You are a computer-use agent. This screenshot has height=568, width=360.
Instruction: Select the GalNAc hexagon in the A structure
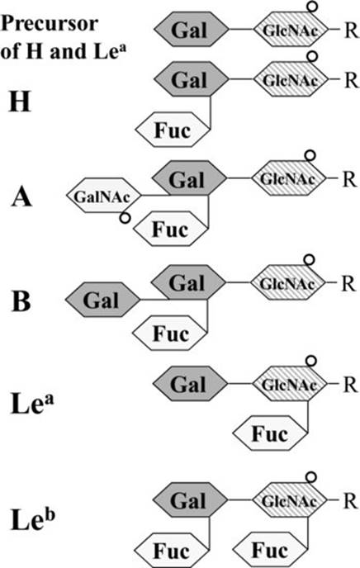pos(103,196)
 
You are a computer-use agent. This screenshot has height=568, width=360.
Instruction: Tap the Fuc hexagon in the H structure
pos(173,130)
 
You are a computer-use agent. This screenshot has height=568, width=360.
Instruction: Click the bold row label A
pos(21,198)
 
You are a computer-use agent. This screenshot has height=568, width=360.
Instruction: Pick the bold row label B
pos(21,301)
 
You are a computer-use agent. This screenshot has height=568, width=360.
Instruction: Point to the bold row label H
pos(19,102)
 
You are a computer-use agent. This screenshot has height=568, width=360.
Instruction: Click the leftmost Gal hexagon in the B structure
pos(102,300)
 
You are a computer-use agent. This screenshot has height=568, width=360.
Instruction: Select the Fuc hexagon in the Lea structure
pos(270,433)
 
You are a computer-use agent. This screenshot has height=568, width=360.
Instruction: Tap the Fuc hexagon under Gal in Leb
pos(173,551)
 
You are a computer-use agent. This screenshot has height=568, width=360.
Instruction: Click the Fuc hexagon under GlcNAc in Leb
pos(270,550)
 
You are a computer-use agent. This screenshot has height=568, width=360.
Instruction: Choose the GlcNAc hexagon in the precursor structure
pos(291,30)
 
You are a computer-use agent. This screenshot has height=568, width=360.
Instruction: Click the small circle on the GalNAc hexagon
pos(125,218)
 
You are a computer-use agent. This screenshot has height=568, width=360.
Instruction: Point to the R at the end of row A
pos(349,179)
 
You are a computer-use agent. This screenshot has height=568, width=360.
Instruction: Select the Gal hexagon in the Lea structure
pos(190,384)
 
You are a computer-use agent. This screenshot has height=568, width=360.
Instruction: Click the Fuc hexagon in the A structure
pos(171,229)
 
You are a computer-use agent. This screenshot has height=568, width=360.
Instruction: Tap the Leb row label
pos(32,519)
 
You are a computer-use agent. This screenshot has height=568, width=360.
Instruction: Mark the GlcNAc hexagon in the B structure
pos(287,282)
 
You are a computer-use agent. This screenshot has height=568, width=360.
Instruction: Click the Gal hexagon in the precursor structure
pos(192,30)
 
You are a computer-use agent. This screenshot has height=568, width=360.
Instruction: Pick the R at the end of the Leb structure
pos(350,500)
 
